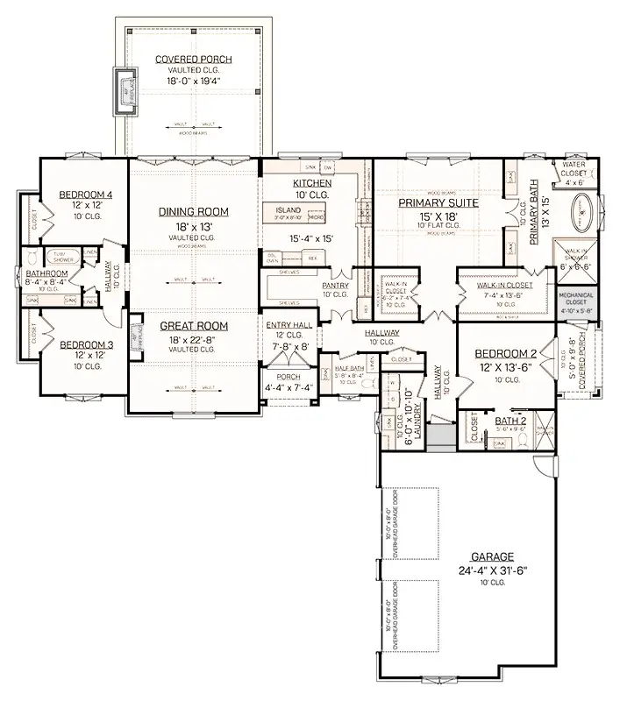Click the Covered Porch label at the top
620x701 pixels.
coord(194,60)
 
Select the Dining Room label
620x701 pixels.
coord(194,211)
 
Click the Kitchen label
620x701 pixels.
coord(312,183)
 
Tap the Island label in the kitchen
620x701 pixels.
coord(288,210)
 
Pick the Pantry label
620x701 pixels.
coord(336,285)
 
